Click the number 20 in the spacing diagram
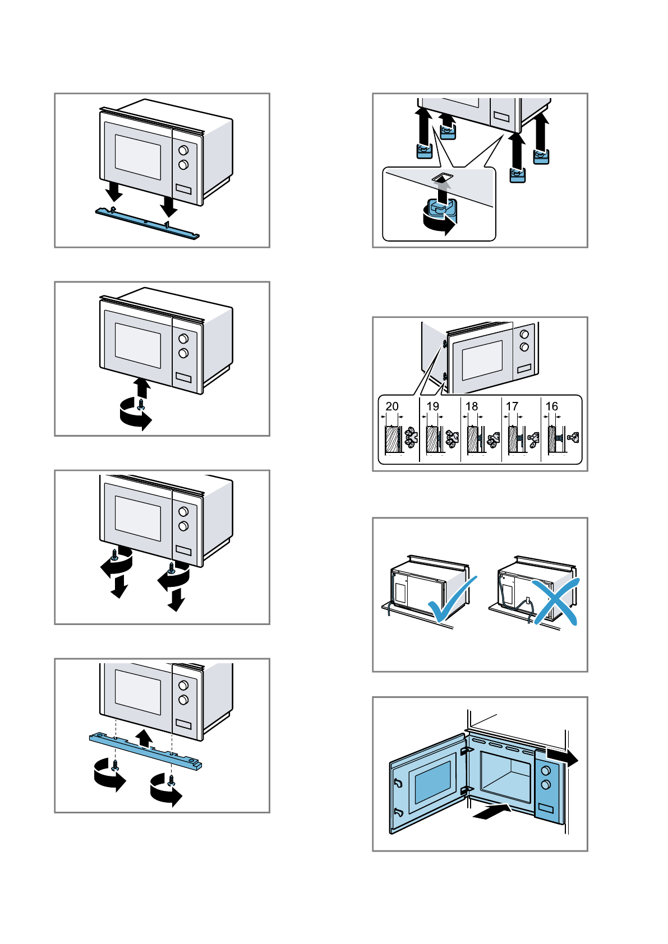click(392, 406)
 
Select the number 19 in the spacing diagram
click(432, 406)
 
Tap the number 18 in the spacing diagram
click(472, 406)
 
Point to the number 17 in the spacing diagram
click(512, 406)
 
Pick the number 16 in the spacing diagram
click(552, 406)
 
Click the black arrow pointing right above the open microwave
click(562, 757)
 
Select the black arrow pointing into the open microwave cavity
click(492, 812)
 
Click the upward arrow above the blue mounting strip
click(145, 737)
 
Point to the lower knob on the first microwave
click(183, 165)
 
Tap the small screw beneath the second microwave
click(141, 404)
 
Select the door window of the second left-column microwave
click(138, 346)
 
